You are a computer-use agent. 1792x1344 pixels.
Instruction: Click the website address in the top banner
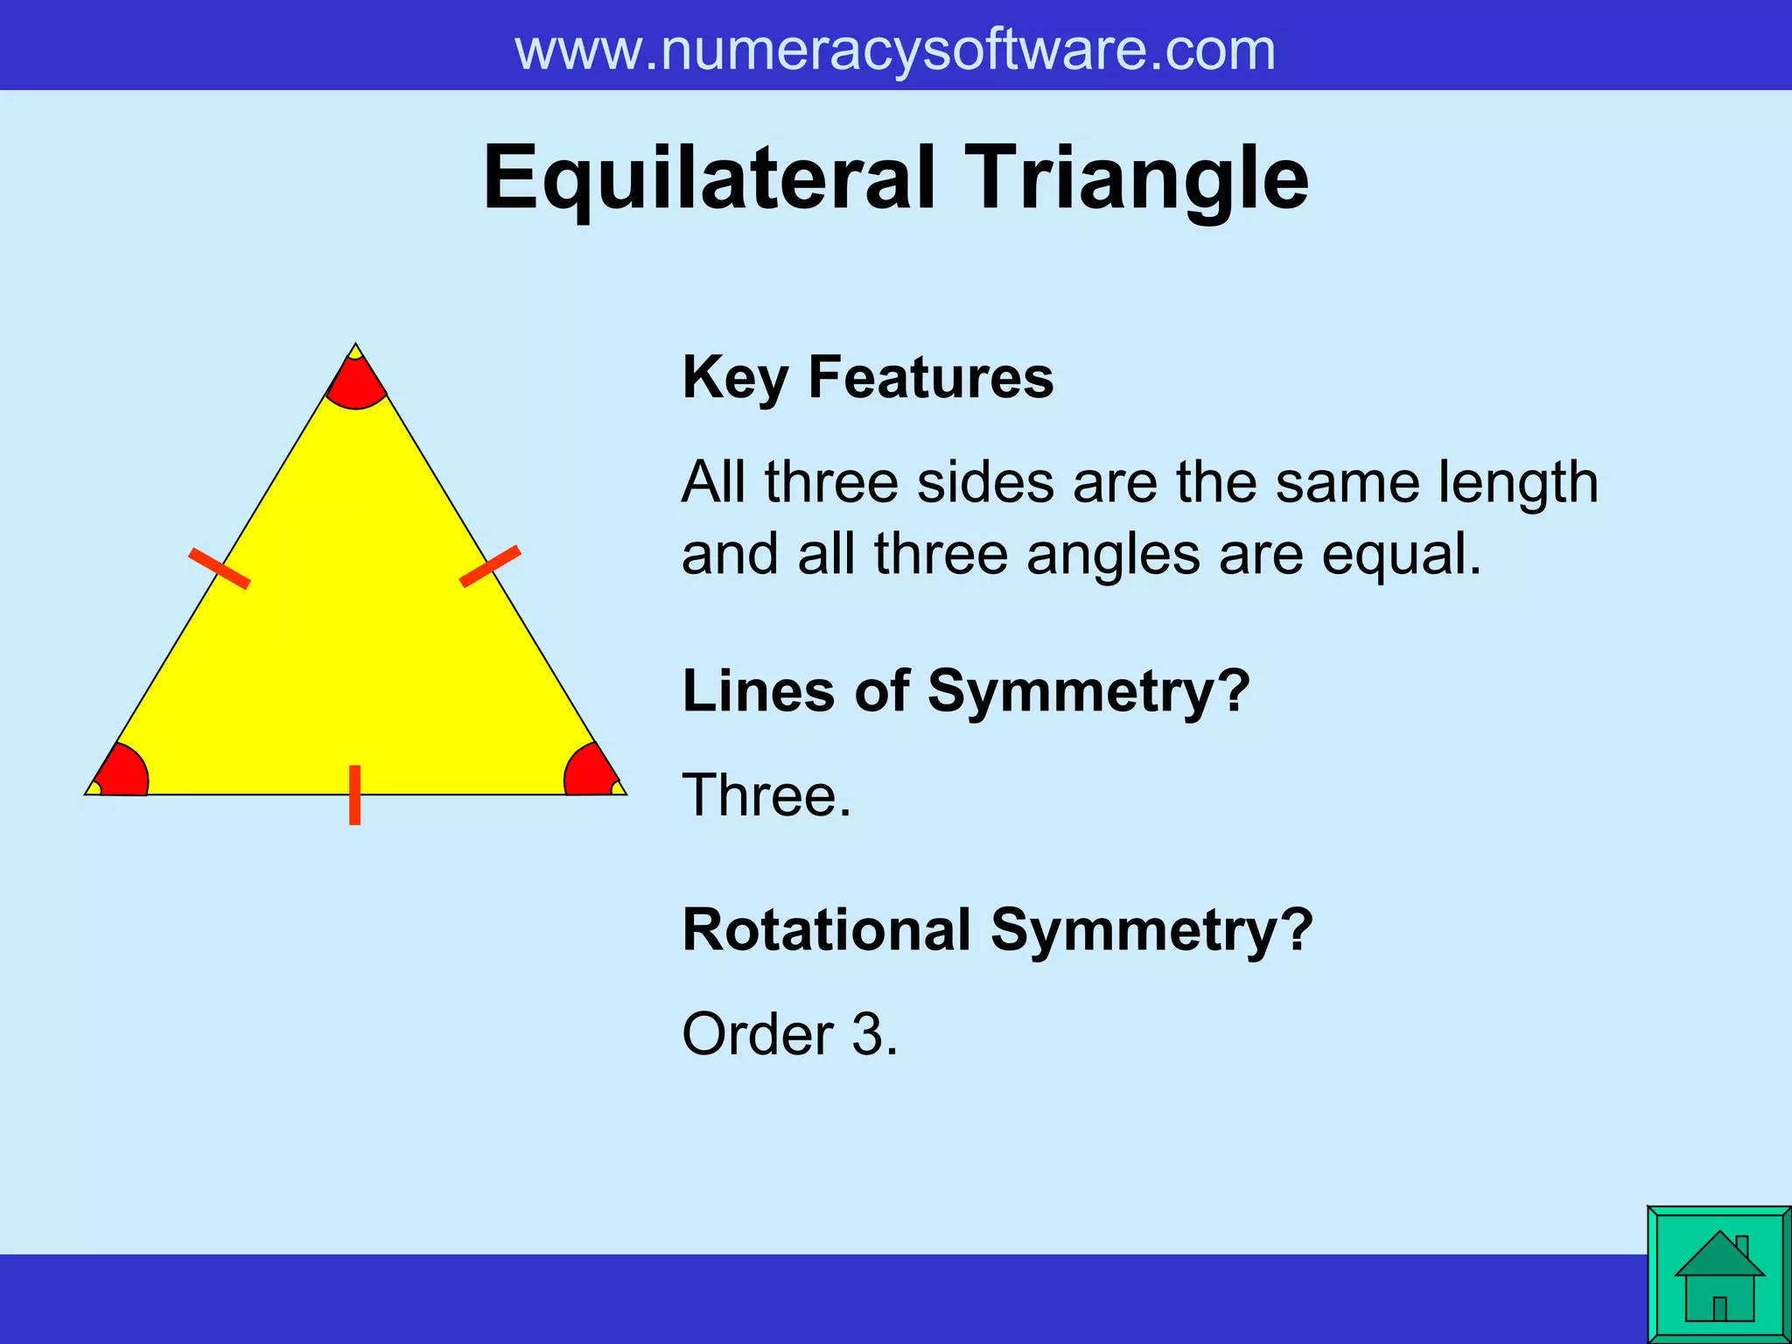[894, 50]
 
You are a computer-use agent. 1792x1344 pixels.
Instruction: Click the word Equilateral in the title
[709, 178]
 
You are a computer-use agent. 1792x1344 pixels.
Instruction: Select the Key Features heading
[867, 378]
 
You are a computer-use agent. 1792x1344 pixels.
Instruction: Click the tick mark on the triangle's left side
[220, 568]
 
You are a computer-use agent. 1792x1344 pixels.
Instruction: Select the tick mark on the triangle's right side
[490, 566]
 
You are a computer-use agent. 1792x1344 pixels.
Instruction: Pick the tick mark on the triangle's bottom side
[354, 794]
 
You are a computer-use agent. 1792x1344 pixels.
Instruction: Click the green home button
[1718, 1274]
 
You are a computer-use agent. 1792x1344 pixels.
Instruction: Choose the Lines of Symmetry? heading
[965, 691]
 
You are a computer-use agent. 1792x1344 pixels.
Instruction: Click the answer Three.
[766, 795]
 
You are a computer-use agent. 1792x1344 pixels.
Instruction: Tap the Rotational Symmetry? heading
[997, 929]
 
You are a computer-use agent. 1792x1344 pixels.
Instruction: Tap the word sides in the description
[985, 483]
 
